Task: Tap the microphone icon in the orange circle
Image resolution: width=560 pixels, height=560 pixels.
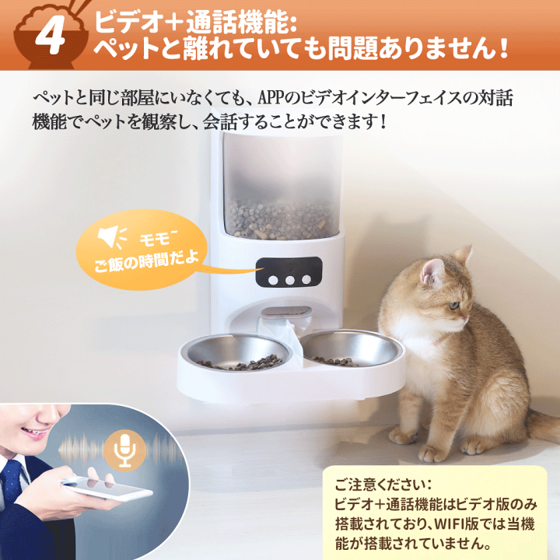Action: (x=125, y=451)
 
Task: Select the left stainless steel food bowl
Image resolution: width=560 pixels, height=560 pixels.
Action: (x=236, y=352)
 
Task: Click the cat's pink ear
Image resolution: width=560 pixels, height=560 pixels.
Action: (x=430, y=271)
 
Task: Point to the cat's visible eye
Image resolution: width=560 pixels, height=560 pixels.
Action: (x=453, y=306)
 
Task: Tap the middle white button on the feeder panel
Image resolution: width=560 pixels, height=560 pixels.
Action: (x=289, y=280)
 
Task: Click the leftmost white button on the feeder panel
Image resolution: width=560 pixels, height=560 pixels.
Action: (x=273, y=280)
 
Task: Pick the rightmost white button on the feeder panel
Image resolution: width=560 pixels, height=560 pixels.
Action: (x=306, y=280)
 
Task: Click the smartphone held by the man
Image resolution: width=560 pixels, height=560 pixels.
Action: (x=107, y=488)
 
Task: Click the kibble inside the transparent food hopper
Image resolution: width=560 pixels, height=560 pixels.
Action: (x=281, y=220)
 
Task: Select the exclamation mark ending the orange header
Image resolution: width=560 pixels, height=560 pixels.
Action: (x=503, y=48)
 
